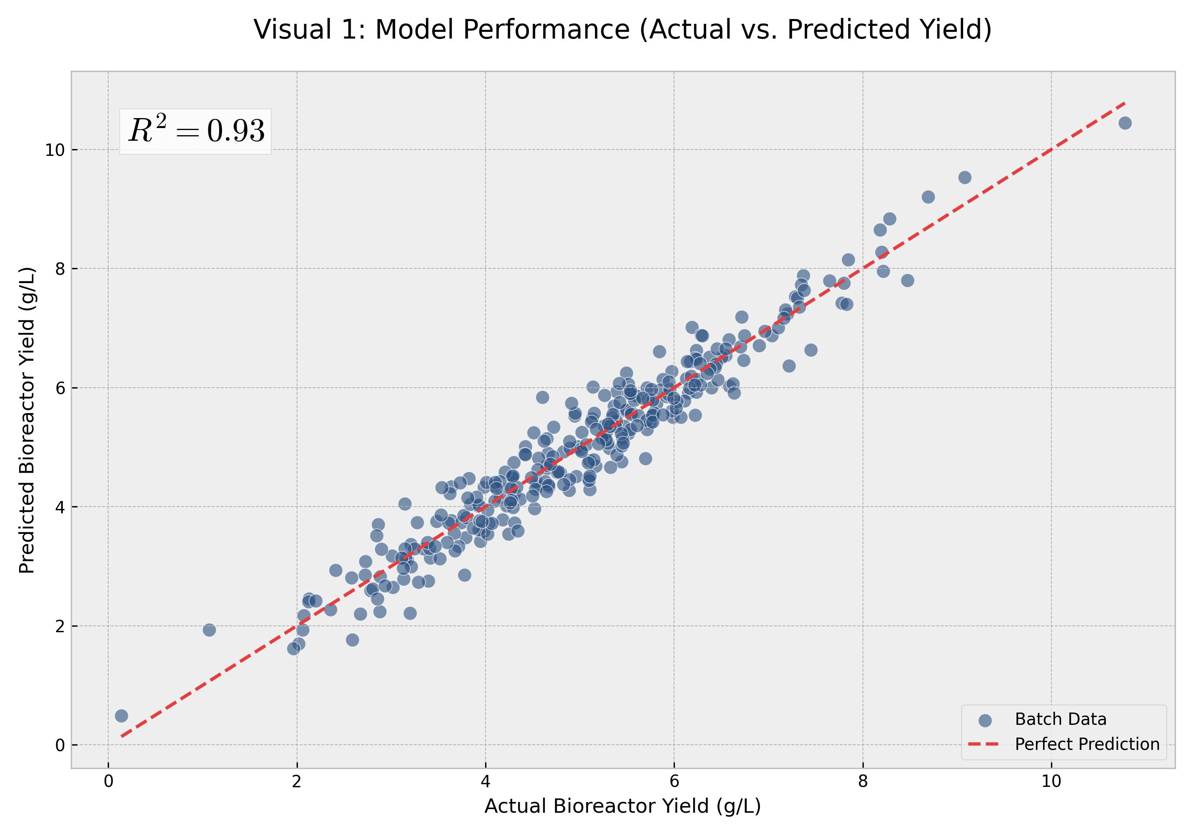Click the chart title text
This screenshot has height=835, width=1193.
pos(622,29)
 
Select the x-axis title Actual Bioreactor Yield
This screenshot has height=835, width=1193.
pos(622,806)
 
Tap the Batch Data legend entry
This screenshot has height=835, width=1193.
pos(1060,719)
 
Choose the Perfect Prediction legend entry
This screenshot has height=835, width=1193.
pos(1086,744)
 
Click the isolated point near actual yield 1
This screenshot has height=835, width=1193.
pos(209,630)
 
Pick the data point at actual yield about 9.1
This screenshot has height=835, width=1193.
pos(965,178)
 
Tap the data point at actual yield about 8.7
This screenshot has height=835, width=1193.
pos(928,197)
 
